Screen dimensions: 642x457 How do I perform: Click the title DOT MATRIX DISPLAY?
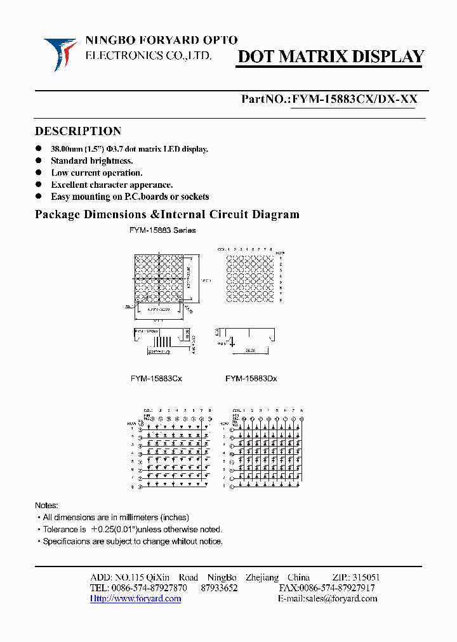[330, 56]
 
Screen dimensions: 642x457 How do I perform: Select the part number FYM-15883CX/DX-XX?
[353, 100]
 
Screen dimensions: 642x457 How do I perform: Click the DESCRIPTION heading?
[77, 131]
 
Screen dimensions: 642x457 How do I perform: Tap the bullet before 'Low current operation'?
[38, 173]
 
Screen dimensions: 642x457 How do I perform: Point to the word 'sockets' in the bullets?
[194, 197]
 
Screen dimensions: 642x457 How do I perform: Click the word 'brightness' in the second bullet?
[110, 160]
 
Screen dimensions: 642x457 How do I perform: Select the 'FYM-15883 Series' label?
[162, 230]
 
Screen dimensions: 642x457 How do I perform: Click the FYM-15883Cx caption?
[156, 379]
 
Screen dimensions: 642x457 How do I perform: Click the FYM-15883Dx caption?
[251, 379]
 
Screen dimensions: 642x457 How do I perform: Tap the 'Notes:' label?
[46, 506]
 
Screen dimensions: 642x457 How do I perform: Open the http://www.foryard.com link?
[135, 598]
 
